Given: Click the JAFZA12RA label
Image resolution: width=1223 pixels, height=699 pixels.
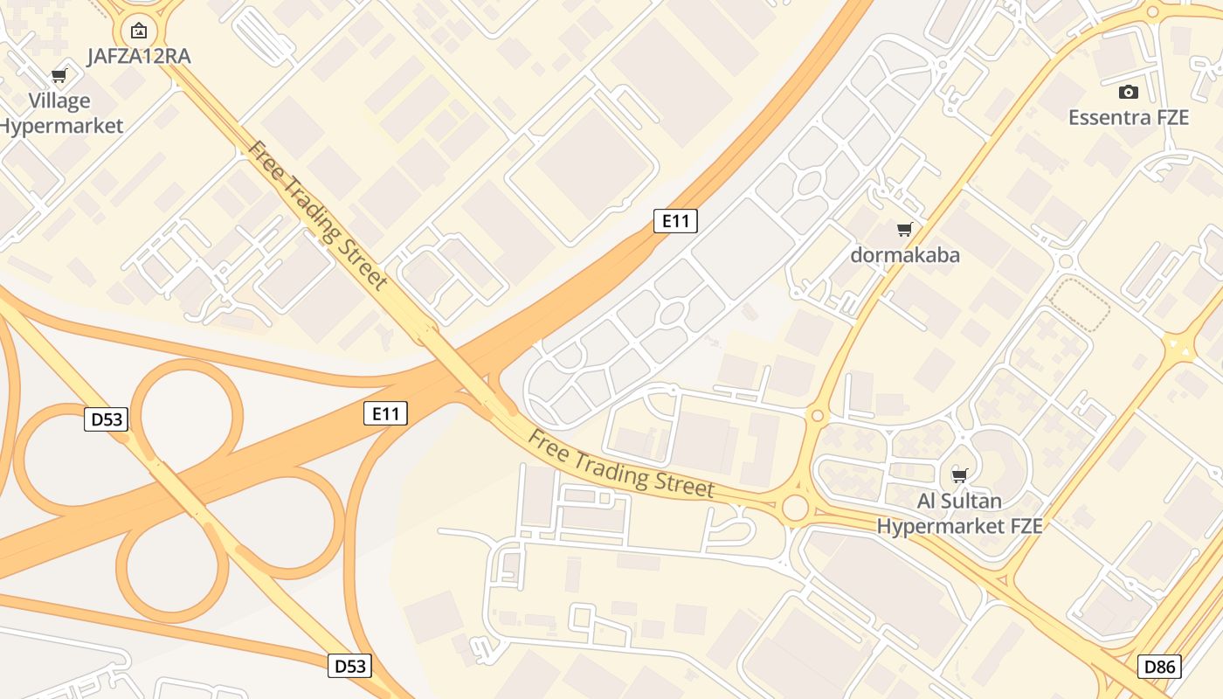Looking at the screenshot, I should coord(139,57).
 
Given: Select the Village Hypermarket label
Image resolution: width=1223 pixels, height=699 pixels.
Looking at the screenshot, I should coord(59,114).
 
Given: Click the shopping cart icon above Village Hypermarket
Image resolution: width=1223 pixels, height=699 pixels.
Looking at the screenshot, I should coord(59,76).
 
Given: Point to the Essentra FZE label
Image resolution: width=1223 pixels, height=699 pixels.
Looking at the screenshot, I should coord(1129,117).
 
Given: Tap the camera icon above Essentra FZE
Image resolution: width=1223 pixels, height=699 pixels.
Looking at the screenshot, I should coord(1129,92).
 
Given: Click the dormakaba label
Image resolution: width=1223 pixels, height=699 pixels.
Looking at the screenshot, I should coord(905,255).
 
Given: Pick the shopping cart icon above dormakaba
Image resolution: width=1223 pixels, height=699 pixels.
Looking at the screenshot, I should coord(905,230).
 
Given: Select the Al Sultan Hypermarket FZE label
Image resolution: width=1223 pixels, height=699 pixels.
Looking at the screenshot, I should coord(959,514).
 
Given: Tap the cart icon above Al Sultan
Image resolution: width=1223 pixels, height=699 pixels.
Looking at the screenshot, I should coord(960,475).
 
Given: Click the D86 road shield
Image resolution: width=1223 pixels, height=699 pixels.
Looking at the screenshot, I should coord(1160,667).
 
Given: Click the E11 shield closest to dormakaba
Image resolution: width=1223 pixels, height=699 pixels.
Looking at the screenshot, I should coord(675,221).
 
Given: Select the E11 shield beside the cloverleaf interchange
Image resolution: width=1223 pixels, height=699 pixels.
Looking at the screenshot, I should coord(385,413).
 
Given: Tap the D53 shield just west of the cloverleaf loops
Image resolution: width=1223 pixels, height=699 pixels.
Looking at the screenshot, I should coord(107,419).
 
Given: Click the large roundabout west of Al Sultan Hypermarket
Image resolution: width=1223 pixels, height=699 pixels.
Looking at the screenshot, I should coord(795,507).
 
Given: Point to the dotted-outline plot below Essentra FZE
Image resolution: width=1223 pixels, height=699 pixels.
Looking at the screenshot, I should coord(1079,304).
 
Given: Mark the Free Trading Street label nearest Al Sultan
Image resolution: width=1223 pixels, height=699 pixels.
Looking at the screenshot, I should coord(621,464).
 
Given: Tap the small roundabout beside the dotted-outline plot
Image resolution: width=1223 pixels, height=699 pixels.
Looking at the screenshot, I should coord(1064,261).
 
